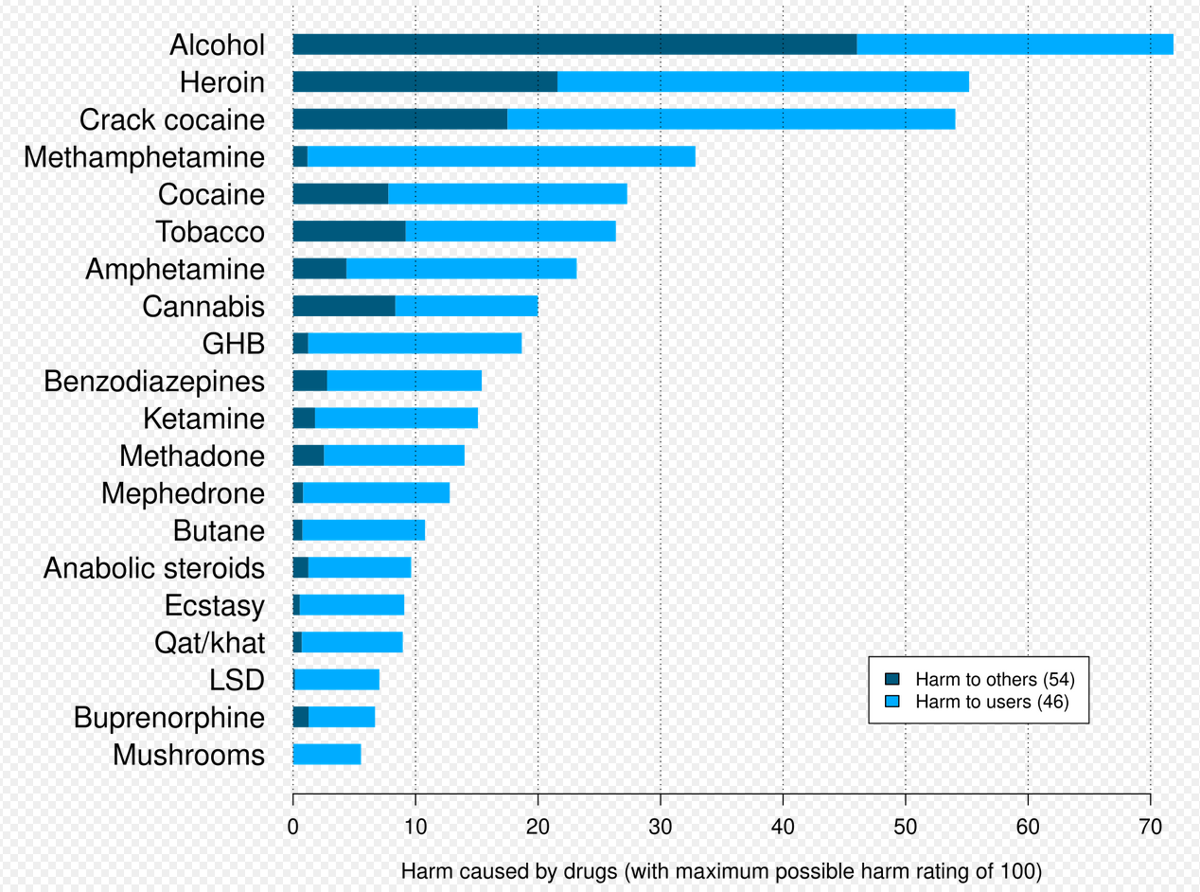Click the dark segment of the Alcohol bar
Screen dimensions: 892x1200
tap(574, 45)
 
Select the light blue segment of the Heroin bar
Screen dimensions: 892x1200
tap(763, 82)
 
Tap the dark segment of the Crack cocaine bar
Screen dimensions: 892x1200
tap(399, 119)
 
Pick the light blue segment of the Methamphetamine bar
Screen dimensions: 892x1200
tap(502, 157)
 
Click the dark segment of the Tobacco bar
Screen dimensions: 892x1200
tap(349, 231)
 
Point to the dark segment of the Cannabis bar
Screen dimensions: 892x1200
tap(344, 306)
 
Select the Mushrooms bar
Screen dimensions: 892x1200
tap(326, 755)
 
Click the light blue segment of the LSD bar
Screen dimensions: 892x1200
tap(337, 680)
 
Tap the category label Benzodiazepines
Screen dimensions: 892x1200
tap(154, 382)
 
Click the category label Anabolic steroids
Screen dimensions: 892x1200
tap(154, 568)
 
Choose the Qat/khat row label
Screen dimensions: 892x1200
tap(209, 643)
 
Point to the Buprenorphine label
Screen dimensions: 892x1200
tap(169, 718)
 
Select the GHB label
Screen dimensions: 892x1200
tap(233, 344)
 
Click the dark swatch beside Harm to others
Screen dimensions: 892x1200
tap(891, 679)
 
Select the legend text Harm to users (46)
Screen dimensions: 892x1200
tap(992, 702)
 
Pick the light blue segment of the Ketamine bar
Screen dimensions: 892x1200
tap(396, 419)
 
